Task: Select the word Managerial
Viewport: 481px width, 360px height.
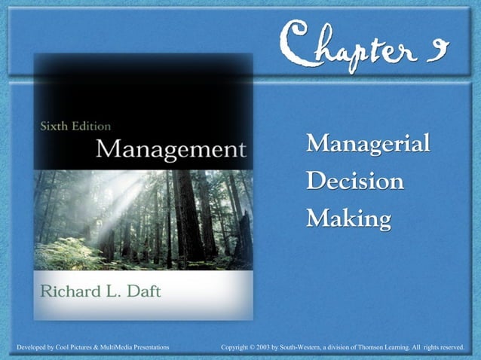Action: point(368,142)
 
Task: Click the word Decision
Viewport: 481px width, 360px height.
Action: point(354,181)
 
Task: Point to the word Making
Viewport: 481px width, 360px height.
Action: point(348,219)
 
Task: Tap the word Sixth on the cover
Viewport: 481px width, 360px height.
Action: point(54,126)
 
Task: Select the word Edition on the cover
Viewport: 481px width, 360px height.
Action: point(91,126)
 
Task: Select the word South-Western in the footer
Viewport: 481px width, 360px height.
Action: point(311,346)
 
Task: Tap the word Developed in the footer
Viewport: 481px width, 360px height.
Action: point(23,346)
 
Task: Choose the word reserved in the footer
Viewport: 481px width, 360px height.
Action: point(449,346)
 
